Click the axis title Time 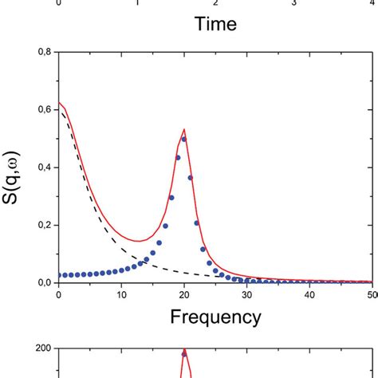tap(216, 25)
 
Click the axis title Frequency tap(216, 317)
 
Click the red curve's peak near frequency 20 tap(184, 130)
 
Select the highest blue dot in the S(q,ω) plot tap(184, 139)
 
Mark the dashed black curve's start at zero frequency tap(59, 110)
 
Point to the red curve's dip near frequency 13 tap(140, 241)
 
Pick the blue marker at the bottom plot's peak tap(184, 353)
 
